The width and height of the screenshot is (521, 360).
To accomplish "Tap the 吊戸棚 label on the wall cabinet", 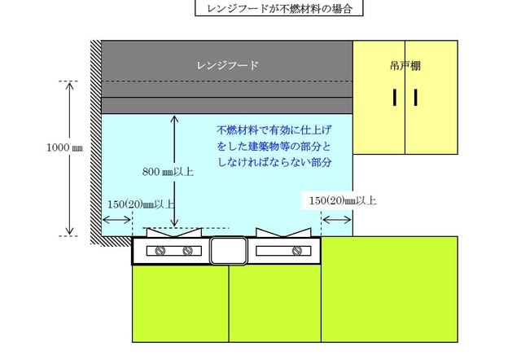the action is [x=405, y=64].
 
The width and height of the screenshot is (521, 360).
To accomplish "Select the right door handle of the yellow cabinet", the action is [x=415, y=97].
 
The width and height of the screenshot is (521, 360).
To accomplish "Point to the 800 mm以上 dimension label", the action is [x=169, y=172].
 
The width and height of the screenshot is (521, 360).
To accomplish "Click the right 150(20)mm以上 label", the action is [x=343, y=200].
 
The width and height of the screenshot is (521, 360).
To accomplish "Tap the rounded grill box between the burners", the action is [x=229, y=251].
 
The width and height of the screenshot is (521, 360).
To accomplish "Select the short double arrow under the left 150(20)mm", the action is [x=116, y=218].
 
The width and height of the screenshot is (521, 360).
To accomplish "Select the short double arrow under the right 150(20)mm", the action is [x=336, y=218].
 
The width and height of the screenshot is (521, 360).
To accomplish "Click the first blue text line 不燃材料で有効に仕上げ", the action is [x=274, y=130].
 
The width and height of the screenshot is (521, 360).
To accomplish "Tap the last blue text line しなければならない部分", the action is [x=274, y=163].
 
